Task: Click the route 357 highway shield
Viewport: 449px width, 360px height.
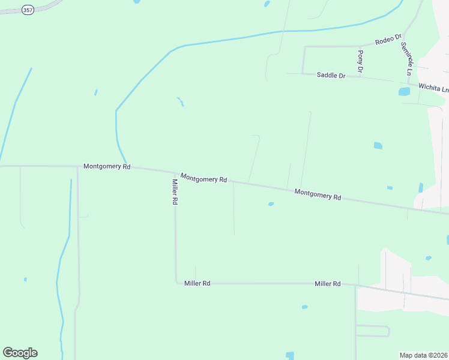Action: click(28, 10)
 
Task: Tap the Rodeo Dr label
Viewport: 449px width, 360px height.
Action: click(388, 40)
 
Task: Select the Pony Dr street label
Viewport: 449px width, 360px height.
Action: click(360, 62)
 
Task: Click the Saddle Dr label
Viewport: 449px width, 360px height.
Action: click(331, 76)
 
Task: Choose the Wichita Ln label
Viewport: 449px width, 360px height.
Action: click(433, 88)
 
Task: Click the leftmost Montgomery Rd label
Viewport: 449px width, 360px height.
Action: click(107, 166)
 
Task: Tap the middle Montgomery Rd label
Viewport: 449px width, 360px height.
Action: click(203, 178)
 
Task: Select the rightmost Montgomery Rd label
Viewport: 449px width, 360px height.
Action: click(318, 194)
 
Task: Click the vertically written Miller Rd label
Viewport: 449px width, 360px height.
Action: click(175, 193)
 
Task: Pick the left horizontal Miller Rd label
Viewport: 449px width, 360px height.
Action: click(197, 283)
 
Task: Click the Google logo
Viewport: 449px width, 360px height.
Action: click(20, 353)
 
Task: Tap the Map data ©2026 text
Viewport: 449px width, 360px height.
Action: click(423, 355)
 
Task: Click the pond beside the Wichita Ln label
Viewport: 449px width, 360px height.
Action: click(405, 92)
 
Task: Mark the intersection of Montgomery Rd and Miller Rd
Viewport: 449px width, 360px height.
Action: click(174, 173)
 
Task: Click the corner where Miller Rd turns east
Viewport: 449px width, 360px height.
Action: click(176, 283)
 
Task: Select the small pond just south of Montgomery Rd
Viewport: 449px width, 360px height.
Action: click(271, 204)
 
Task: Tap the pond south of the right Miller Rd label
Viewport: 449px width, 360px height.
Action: click(304, 307)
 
